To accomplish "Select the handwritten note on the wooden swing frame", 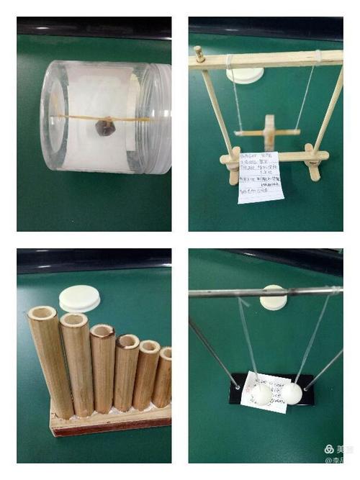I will [x=259, y=177].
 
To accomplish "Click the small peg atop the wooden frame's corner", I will [x=198, y=52].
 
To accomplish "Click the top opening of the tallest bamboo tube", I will [x=42, y=314].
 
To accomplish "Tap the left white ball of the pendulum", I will [x=261, y=394].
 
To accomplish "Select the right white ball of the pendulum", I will [x=291, y=393].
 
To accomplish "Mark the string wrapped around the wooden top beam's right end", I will [x=317, y=56].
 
